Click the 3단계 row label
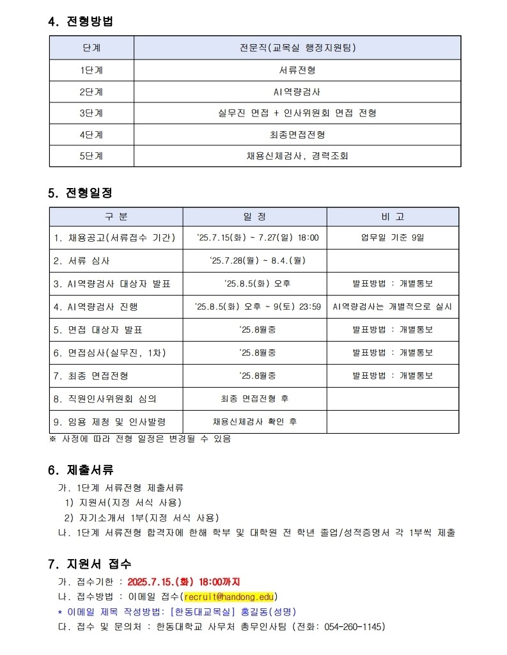pyautogui.click(x=91, y=113)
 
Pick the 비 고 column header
pyautogui.click(x=392, y=217)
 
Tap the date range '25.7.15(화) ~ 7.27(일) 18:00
pyautogui.click(x=254, y=238)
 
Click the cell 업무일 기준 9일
pyautogui.click(x=392, y=238)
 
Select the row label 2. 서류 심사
pyautogui.click(x=82, y=261)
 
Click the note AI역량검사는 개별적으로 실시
pyautogui.click(x=392, y=307)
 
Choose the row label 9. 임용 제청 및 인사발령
pyautogui.click(x=110, y=422)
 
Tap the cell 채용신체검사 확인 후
pyautogui.click(x=254, y=422)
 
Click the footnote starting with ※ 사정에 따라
pyautogui.click(x=140, y=439)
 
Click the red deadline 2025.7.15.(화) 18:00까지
pyautogui.click(x=183, y=582)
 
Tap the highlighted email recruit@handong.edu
pyautogui.click(x=229, y=597)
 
